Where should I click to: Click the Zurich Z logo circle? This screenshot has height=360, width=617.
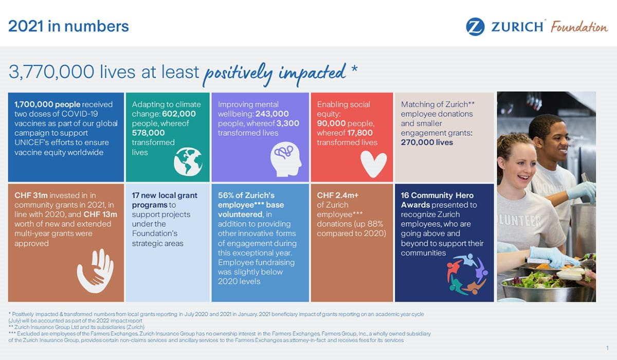475,27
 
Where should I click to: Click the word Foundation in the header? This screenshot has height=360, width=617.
579,27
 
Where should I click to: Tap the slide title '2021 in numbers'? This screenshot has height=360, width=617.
68,26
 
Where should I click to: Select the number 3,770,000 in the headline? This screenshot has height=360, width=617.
51,73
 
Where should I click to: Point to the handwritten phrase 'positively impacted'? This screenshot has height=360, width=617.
275,74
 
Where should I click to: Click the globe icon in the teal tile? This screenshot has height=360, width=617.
188,161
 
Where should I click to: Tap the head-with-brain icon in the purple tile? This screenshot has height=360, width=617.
286,159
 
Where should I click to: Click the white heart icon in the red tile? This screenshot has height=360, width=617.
373,163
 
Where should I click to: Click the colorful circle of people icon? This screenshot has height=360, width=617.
466,274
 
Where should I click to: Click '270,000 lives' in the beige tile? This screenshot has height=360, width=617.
427,142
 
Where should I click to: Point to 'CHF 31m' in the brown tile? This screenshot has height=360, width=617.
30,195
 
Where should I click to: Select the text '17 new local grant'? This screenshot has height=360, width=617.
165,195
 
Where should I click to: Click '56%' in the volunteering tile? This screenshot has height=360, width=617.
226,195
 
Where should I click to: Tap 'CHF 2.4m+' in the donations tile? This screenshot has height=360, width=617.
337,195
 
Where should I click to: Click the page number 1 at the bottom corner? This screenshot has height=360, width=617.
607,348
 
